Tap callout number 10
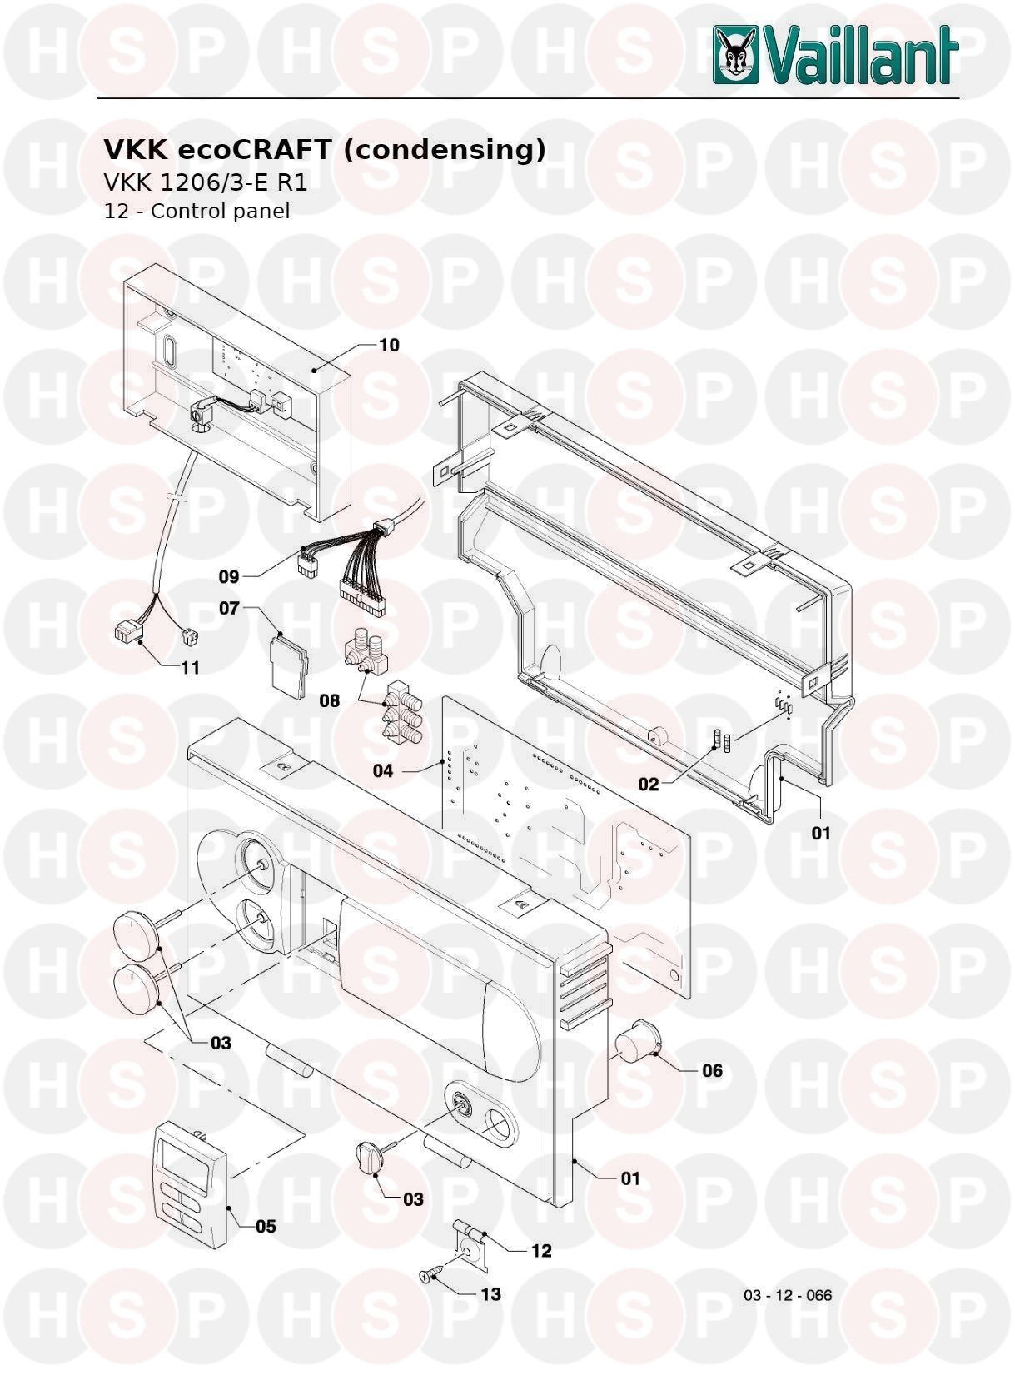pos(389,345)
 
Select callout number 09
pos(229,576)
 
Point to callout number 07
pos(229,609)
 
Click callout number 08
pos(330,700)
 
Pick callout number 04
pos(382,770)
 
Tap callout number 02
pos(648,784)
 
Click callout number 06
pos(712,1070)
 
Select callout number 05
pos(266,1226)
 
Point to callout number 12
pos(541,1251)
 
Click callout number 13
pos(490,1294)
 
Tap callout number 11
pos(190,668)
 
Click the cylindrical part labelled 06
pos(636,1043)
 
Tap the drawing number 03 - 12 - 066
pos(788,1295)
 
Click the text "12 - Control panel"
pos(197,211)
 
